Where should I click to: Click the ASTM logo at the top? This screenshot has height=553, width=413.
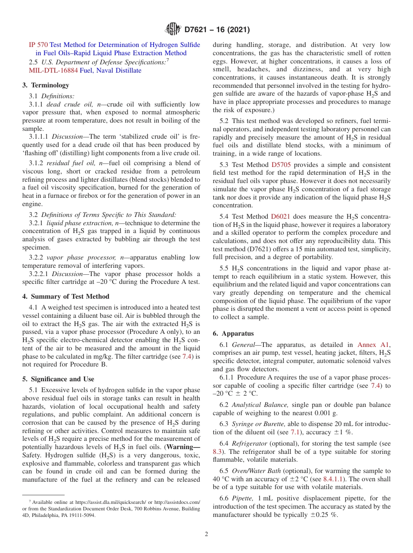coord(173,30)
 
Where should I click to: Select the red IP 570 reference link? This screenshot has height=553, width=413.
coord(38,45)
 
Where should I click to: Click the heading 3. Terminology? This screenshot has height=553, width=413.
coord(46,85)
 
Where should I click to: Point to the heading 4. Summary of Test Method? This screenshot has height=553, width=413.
coord(66,296)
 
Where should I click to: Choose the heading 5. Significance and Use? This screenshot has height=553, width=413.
coord(58,379)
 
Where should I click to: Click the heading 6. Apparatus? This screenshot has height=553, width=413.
coord(233,333)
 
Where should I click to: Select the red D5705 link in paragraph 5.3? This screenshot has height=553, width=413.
coord(281,165)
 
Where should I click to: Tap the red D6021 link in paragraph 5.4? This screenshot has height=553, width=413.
coord(280,217)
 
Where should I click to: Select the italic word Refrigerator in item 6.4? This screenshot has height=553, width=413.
coord(250,443)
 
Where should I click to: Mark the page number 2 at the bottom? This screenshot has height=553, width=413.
coord(206,534)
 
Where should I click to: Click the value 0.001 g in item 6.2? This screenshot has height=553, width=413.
coord(326,413)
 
